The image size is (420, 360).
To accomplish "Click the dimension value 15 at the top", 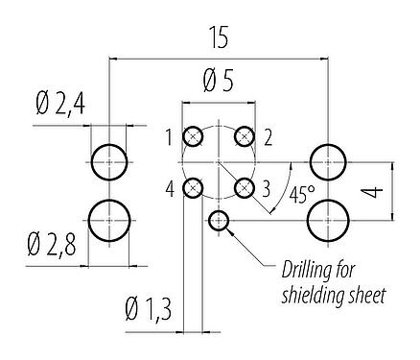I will tap(220, 39).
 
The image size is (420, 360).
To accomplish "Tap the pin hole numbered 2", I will tap(245, 136).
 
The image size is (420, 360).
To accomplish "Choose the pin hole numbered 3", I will tap(245, 187).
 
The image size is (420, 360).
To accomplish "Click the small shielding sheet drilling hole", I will tap(220, 221).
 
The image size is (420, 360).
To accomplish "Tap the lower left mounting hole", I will tap(109, 221).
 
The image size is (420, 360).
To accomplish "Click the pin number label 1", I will tap(168, 137).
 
